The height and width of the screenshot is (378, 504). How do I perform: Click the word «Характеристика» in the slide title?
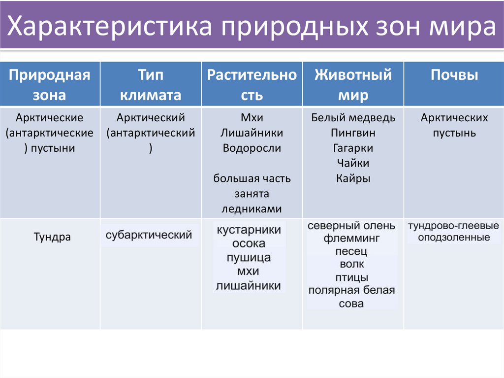pyautogui.click(x=110, y=26)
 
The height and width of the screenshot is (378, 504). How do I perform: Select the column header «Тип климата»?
pyautogui.click(x=151, y=85)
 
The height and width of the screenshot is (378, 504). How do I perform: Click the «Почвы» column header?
pyautogui.click(x=454, y=75)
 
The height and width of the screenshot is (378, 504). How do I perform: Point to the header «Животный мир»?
pyautogui.click(x=353, y=85)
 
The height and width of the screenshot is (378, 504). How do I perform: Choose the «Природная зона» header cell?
pyautogui.click(x=50, y=85)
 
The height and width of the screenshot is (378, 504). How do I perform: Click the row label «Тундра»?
pyautogui.click(x=52, y=237)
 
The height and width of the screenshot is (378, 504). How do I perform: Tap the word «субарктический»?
pyautogui.click(x=149, y=235)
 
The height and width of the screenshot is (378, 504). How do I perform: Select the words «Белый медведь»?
pyautogui.click(x=353, y=118)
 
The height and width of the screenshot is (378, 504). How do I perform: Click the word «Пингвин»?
pyautogui.click(x=353, y=133)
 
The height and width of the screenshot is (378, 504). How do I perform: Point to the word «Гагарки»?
pyautogui.click(x=353, y=148)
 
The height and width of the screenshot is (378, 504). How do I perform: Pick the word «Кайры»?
pyautogui.click(x=353, y=178)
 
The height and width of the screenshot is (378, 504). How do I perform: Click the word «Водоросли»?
pyautogui.click(x=252, y=148)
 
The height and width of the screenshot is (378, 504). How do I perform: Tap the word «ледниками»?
pyautogui.click(x=252, y=208)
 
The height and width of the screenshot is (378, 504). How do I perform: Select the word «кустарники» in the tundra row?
pyautogui.click(x=249, y=230)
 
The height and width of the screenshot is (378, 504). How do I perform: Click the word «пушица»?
pyautogui.click(x=249, y=258)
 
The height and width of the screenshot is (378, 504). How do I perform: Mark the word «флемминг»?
pyautogui.click(x=351, y=239)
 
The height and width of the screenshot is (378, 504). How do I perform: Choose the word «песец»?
pyautogui.click(x=351, y=251)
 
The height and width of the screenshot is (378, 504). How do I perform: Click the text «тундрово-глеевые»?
pyautogui.click(x=453, y=225)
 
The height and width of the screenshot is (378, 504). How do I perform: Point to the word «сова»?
pyautogui.click(x=351, y=303)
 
